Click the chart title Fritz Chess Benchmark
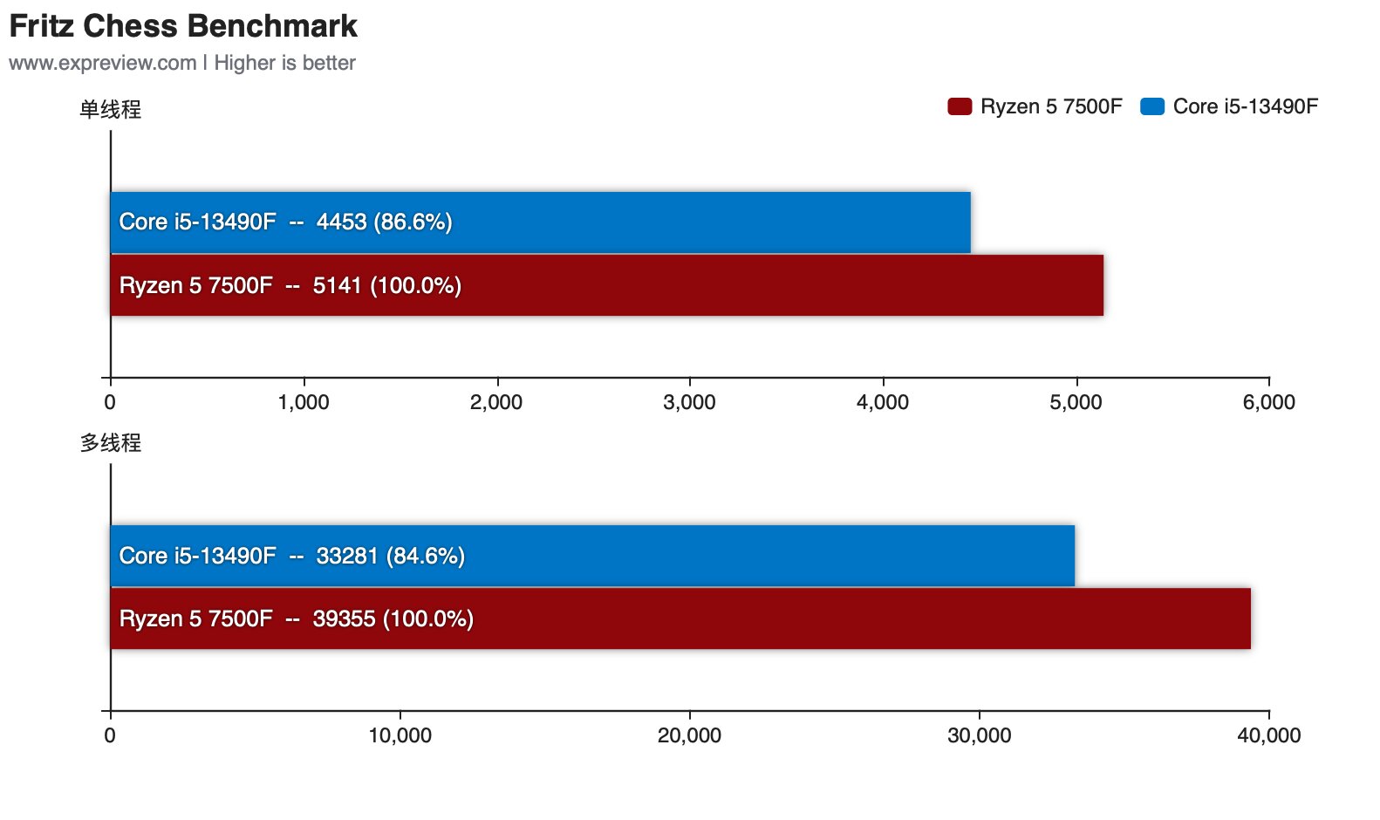coord(183,26)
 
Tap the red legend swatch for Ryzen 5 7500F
coord(960,106)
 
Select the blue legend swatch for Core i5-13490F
coord(1152,106)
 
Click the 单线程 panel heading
coord(110,109)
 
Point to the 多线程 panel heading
coord(110,442)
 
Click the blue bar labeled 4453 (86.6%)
coord(540,222)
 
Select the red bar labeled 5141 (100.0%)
coord(606,285)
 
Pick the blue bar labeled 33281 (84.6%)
coord(592,556)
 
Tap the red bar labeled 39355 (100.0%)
coord(680,618)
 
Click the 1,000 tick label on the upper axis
coord(304,402)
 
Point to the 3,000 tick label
coord(689,402)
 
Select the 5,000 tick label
coord(1076,402)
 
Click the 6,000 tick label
coord(1268,402)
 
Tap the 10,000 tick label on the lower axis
coord(400,735)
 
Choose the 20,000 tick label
coord(689,735)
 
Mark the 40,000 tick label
coord(1268,735)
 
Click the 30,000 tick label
coord(979,735)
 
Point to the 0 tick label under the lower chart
coord(110,735)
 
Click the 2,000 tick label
coord(496,402)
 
